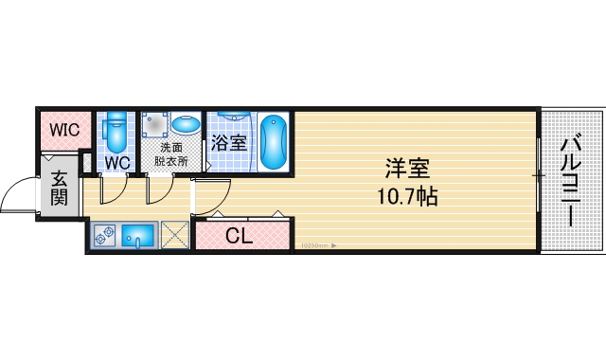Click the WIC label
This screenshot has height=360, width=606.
[65, 129]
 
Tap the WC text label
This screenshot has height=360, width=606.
[116, 161]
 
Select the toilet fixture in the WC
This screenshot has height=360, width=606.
[116, 134]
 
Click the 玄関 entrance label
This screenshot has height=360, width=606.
[59, 189]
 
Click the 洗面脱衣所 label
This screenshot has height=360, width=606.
[171, 154]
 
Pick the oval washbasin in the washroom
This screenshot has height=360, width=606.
[186, 125]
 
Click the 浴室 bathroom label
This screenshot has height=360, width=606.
[228, 144]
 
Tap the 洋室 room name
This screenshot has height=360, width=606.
[407, 171]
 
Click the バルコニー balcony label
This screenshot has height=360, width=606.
[570, 181]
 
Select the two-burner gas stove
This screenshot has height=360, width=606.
[105, 234]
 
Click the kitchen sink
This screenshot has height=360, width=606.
[140, 234]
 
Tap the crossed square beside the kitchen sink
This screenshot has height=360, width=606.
[174, 234]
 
